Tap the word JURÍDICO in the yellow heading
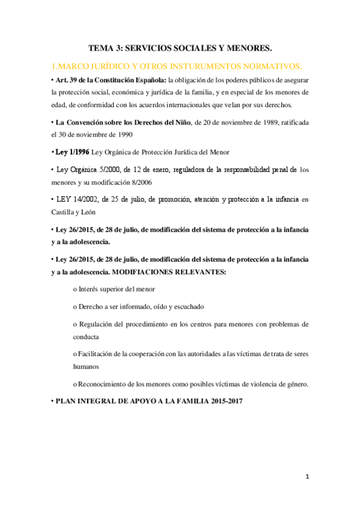point(112,65)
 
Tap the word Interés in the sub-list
point(89,289)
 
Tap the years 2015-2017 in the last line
point(221,401)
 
